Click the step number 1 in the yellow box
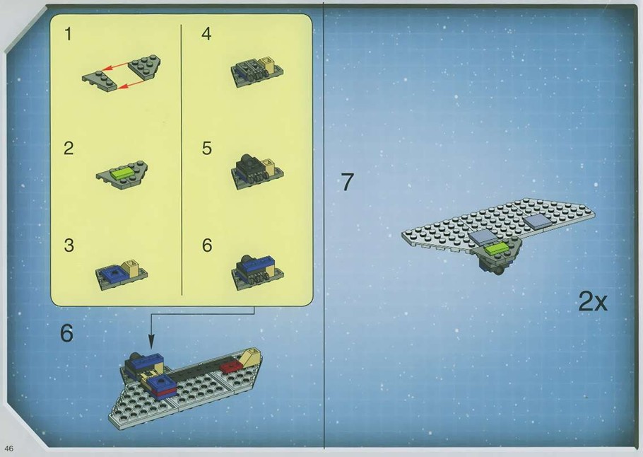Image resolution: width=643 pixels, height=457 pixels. pyautogui.click(x=68, y=33)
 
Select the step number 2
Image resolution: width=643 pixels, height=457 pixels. pyautogui.click(x=69, y=149)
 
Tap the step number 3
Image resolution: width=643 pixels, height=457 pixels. pyautogui.click(x=69, y=245)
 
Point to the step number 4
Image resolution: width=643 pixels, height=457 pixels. pyautogui.click(x=206, y=33)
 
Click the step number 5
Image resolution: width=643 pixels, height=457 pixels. pyautogui.click(x=206, y=149)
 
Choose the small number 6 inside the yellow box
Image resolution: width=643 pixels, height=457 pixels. pyautogui.click(x=207, y=245)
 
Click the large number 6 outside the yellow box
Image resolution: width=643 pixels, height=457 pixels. pyautogui.click(x=66, y=333)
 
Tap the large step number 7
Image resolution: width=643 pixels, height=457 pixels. pyautogui.click(x=347, y=182)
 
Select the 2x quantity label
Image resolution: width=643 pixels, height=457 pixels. pyautogui.click(x=593, y=302)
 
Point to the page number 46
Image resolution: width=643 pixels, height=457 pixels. pyautogui.click(x=9, y=448)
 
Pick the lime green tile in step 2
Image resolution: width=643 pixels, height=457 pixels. pyautogui.click(x=122, y=173)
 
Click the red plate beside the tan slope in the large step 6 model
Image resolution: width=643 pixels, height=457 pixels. pyautogui.click(x=229, y=366)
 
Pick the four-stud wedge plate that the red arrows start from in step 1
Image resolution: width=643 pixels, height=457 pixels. pyautogui.click(x=144, y=67)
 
